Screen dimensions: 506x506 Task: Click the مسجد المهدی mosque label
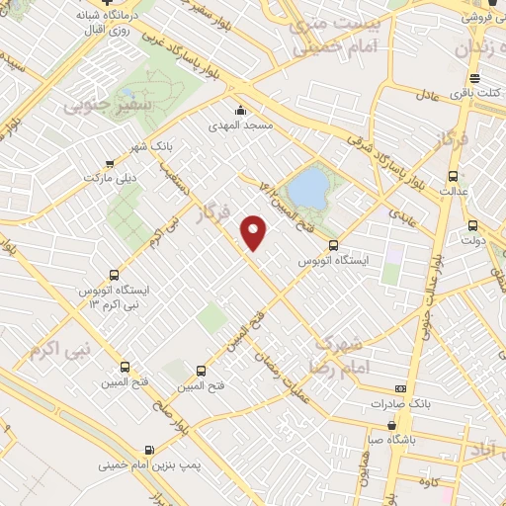240,126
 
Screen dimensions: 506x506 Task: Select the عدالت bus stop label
454,189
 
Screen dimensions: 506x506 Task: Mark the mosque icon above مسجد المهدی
239,110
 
